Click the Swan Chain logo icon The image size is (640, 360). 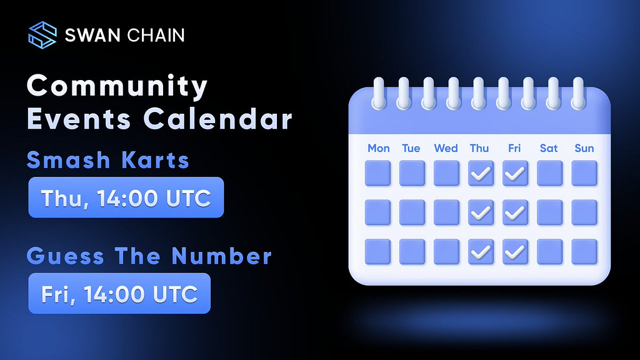pyautogui.click(x=42, y=35)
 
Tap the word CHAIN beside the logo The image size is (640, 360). pyautogui.click(x=156, y=35)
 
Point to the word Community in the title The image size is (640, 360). pyautogui.click(x=117, y=86)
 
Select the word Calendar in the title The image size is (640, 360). pyautogui.click(x=218, y=119)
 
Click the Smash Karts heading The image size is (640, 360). pyautogui.click(x=108, y=159)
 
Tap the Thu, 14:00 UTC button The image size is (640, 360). pyautogui.click(x=126, y=197)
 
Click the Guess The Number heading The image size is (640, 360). pyautogui.click(x=149, y=256)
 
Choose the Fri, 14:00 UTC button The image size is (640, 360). pyautogui.click(x=119, y=294)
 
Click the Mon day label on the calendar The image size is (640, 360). pyautogui.click(x=378, y=148)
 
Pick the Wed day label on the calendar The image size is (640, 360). pyautogui.click(x=446, y=148)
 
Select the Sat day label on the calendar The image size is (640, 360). pyautogui.click(x=549, y=148)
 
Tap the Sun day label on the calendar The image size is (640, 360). pyautogui.click(x=584, y=148)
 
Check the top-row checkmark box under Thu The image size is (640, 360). pyautogui.click(x=481, y=174)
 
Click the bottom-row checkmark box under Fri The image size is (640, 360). pyautogui.click(x=515, y=252)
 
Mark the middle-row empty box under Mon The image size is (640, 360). pyautogui.click(x=377, y=212)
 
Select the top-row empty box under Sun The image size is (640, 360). pyautogui.click(x=584, y=174)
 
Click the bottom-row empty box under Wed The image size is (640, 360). pyautogui.click(x=446, y=252)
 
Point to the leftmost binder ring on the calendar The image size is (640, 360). pyautogui.click(x=379, y=94)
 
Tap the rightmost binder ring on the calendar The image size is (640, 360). pyautogui.click(x=578, y=94)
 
